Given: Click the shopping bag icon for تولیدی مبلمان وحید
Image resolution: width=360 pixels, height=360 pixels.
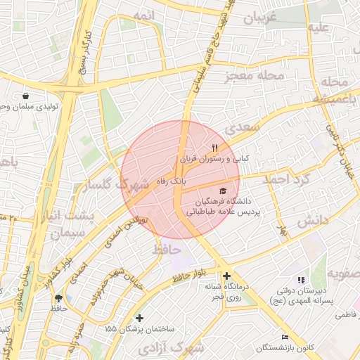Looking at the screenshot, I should (x=26, y=96).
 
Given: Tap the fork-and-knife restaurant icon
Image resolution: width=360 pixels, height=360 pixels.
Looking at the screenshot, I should (x=215, y=148).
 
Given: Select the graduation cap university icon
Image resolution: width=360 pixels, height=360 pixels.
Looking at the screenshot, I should (x=223, y=191).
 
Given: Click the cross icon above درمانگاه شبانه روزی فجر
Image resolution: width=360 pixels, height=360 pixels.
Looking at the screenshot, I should (x=226, y=276).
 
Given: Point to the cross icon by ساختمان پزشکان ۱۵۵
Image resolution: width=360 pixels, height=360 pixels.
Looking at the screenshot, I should (x=139, y=318).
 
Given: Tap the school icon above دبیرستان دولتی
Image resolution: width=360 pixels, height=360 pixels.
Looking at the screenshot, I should (x=302, y=281).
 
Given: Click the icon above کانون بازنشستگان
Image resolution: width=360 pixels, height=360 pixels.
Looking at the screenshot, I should (x=284, y=337).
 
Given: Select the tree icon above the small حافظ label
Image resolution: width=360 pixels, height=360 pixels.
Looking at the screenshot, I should (x=58, y=298).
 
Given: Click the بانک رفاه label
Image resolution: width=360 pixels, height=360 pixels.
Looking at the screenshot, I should (x=172, y=181).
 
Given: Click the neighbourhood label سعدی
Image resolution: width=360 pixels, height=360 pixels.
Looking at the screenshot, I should (x=243, y=128).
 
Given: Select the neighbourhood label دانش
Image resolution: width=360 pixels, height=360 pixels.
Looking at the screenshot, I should (x=313, y=221).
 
